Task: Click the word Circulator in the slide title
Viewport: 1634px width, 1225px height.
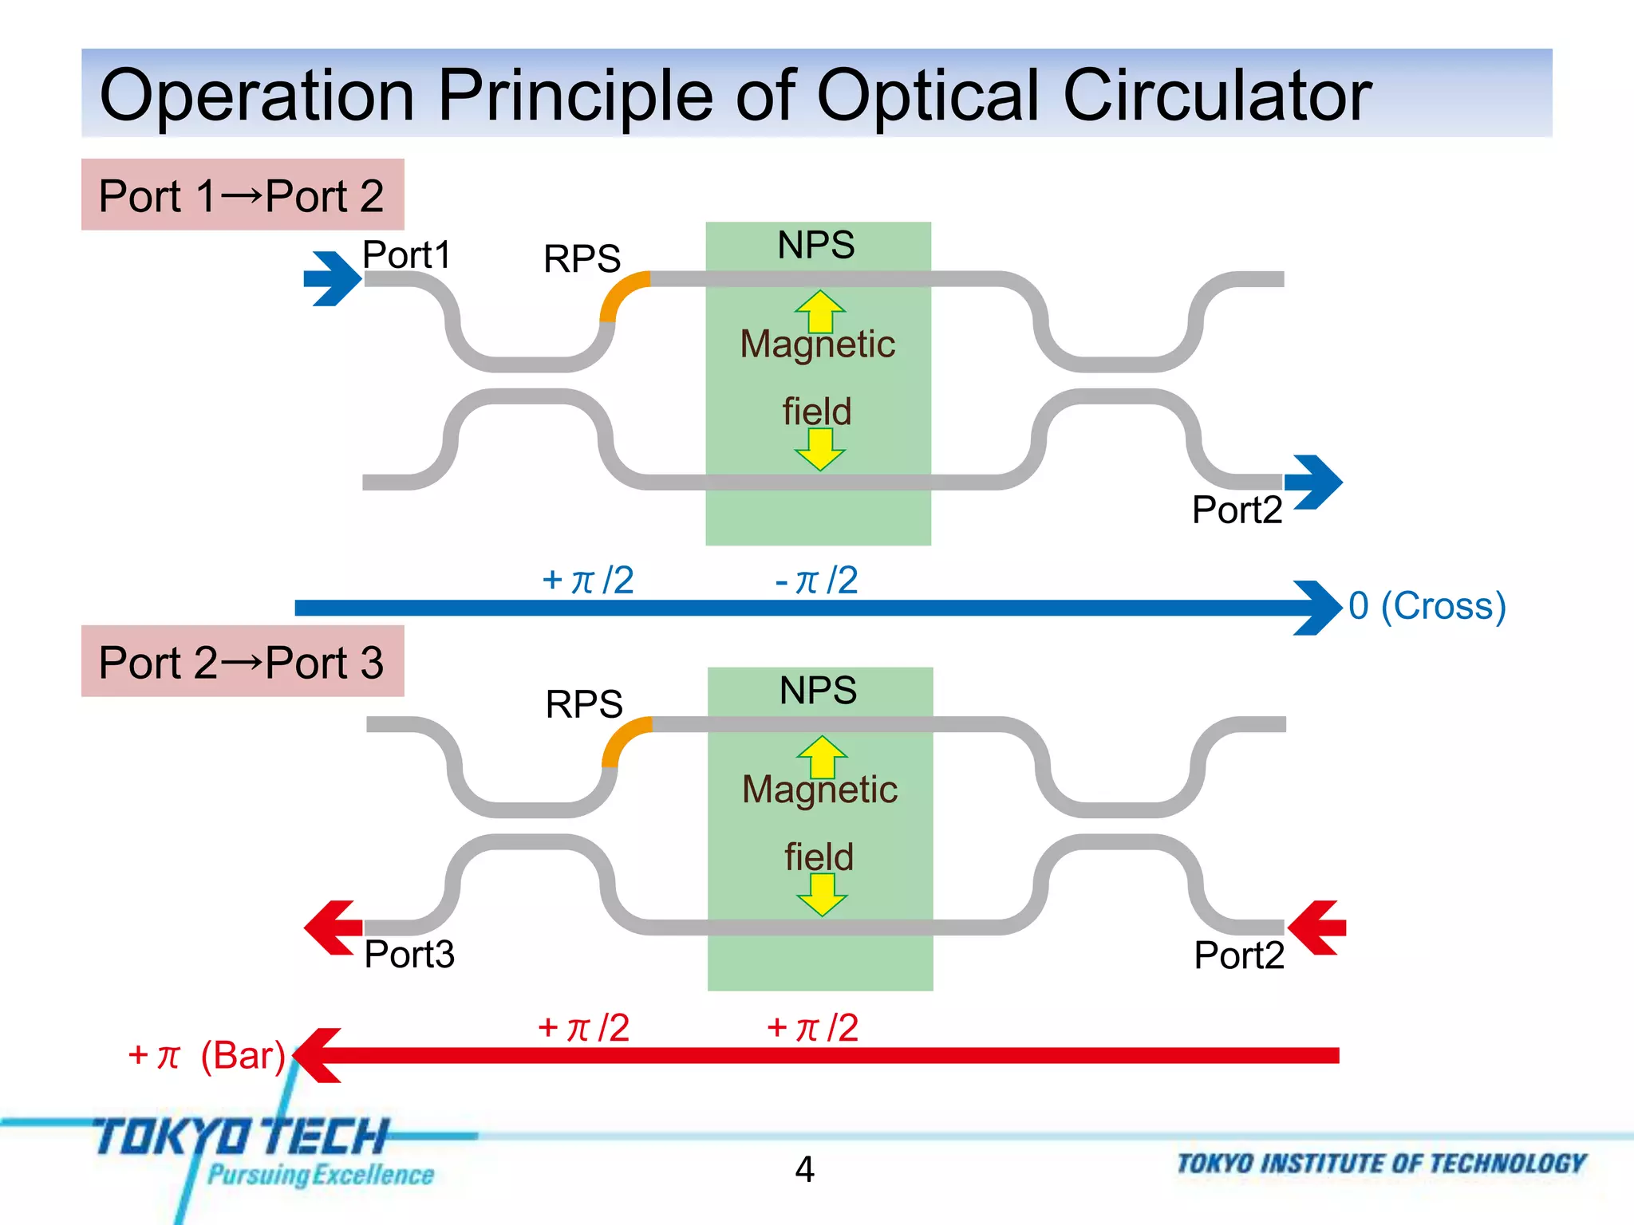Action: [1217, 96]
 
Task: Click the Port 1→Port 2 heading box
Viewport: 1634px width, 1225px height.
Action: [243, 195]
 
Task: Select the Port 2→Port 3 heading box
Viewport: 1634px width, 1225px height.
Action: [243, 662]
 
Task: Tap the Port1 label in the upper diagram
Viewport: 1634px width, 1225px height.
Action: [407, 255]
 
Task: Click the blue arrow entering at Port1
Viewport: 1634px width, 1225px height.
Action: [332, 278]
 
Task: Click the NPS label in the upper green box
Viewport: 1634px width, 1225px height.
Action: [816, 245]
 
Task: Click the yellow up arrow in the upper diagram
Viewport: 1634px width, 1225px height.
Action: [819, 311]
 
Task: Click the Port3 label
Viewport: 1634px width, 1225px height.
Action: [409, 955]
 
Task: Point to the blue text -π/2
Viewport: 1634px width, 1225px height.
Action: [816, 580]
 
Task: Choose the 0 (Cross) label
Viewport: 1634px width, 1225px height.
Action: [1427, 606]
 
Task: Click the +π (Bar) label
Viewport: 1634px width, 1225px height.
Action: [206, 1055]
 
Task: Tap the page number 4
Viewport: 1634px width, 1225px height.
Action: [804, 1169]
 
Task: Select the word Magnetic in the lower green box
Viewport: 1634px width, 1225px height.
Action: [819, 790]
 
